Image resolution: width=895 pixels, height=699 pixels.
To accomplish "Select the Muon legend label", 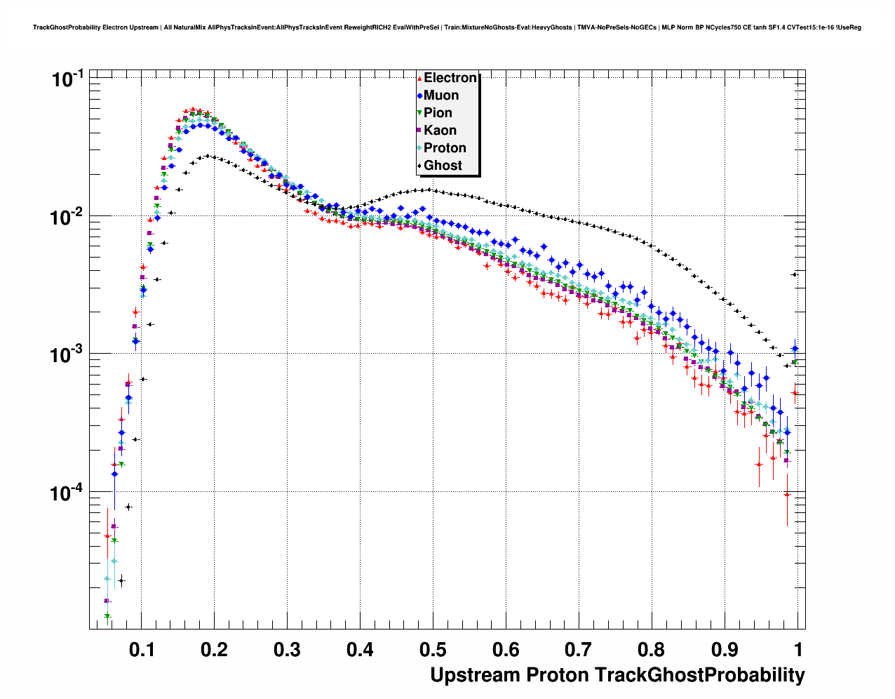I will (x=441, y=95).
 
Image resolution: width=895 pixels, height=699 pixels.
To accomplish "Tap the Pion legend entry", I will (x=438, y=113).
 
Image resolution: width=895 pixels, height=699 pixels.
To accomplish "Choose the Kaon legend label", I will (x=440, y=131).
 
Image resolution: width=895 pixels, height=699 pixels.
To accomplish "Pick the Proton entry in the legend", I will (x=445, y=148).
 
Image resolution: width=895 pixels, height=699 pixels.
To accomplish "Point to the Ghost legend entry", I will (x=443, y=166).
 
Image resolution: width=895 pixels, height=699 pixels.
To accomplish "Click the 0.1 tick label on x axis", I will (x=142, y=650).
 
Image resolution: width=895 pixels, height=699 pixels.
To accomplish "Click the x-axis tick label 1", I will (x=798, y=650).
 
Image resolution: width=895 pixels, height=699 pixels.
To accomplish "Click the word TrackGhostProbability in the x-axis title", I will (x=699, y=675).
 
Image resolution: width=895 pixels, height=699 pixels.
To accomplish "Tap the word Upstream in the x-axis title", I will (x=475, y=675).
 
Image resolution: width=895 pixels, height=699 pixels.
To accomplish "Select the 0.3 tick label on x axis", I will (x=288, y=650).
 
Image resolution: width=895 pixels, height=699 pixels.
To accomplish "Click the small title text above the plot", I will (x=447, y=27).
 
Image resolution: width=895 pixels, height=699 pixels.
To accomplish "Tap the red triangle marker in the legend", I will (x=419, y=78).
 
